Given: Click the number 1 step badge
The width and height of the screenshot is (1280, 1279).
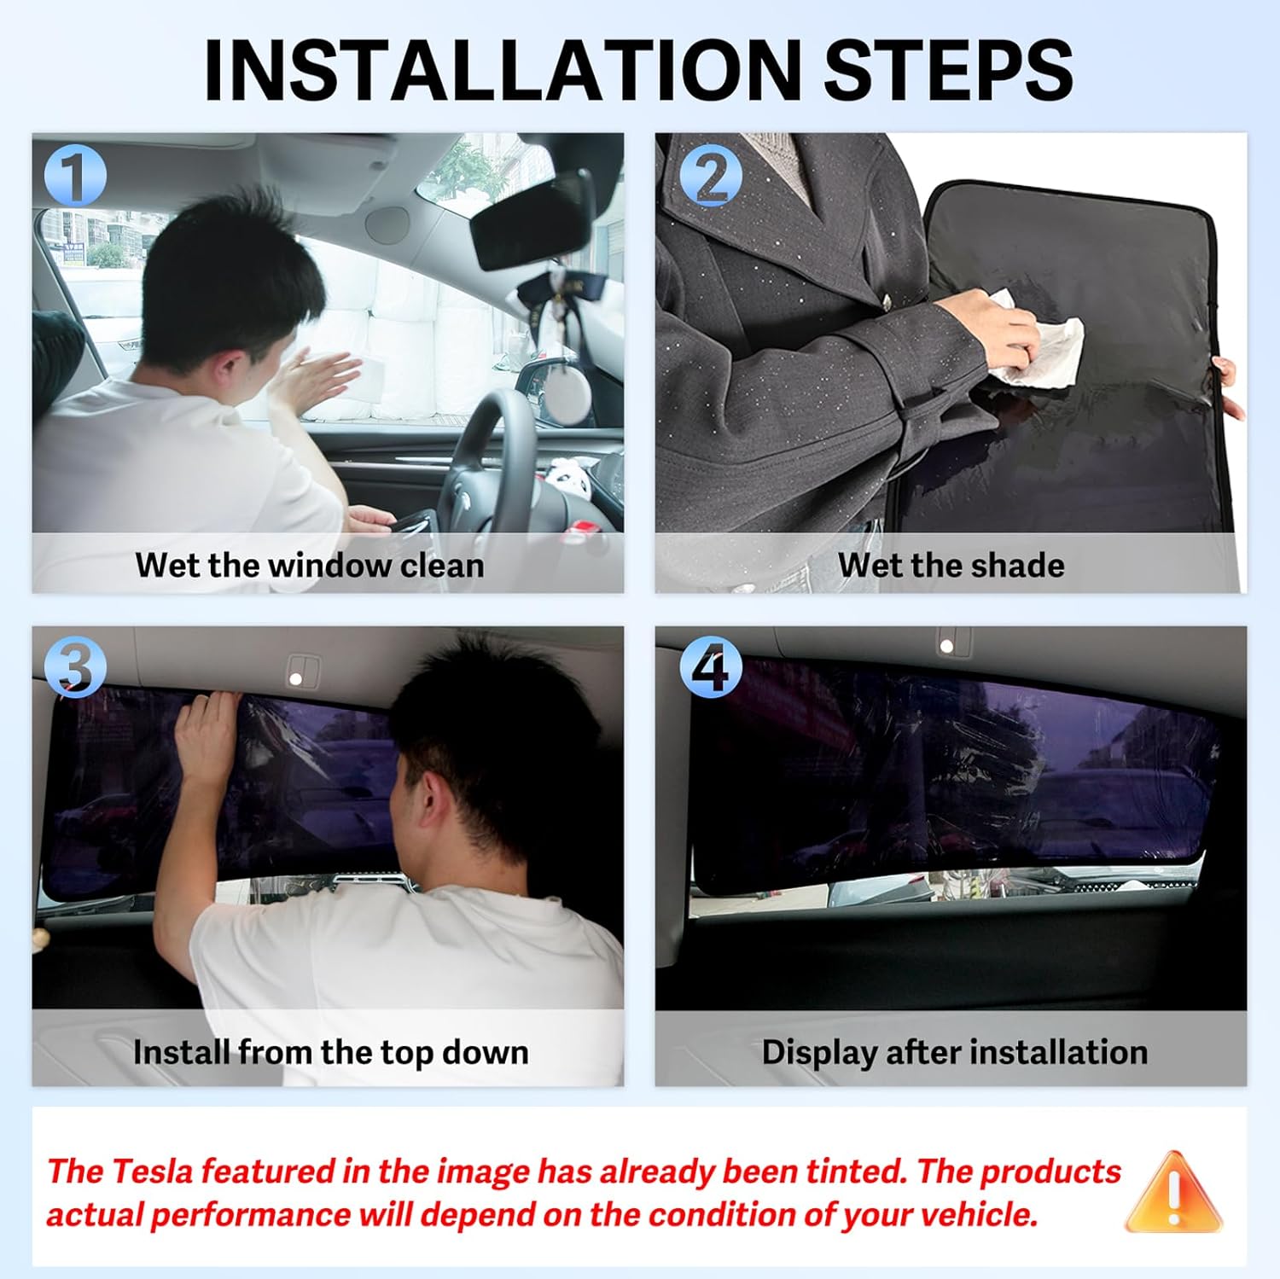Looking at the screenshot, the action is (75, 176).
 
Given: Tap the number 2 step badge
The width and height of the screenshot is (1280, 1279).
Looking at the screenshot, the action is (712, 176).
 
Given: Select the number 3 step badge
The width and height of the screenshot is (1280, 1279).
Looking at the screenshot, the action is (75, 666).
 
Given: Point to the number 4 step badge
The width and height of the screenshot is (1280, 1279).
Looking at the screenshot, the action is (712, 666).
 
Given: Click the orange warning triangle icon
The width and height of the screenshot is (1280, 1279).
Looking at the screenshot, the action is (1174, 1192).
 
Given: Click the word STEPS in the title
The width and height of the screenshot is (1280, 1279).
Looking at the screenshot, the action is (948, 70).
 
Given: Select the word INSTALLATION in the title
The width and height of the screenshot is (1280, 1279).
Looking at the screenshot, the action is (503, 70).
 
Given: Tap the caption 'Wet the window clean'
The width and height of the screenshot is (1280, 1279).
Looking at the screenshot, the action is (309, 565).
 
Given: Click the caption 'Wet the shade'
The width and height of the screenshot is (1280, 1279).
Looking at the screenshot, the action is (951, 565).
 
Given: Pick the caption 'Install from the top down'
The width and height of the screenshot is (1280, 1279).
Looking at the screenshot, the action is (330, 1052).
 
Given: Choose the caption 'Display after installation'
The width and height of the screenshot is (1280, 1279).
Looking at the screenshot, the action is (954, 1052).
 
